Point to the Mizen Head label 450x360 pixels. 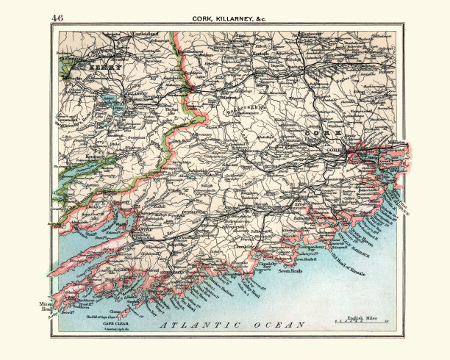(47, 306)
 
